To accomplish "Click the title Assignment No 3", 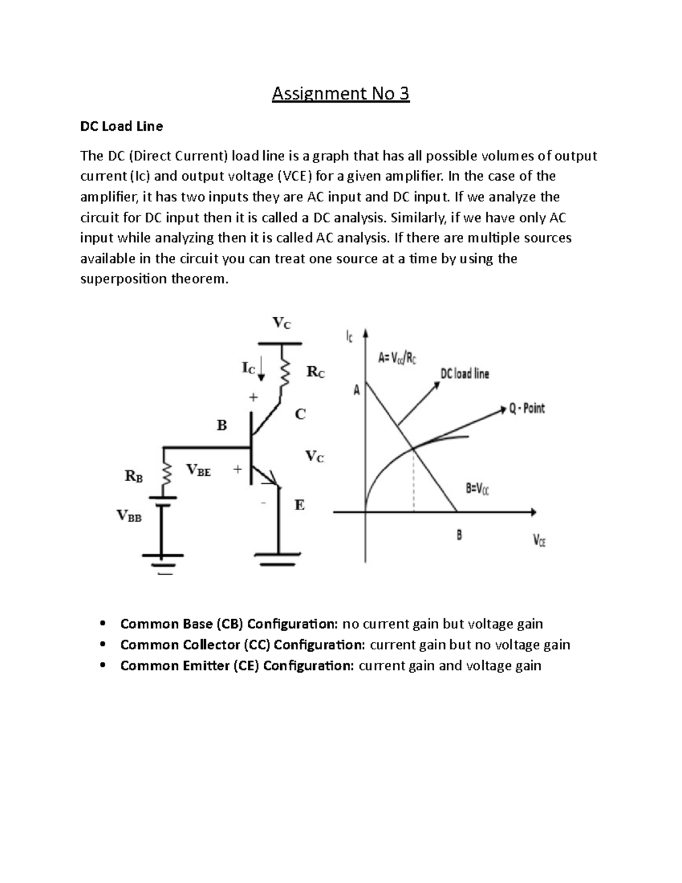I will point(340,93).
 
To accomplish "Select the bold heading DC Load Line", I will point(122,126).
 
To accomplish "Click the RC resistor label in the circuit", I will point(316,372).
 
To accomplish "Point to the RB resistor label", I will point(134,476).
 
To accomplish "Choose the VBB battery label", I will point(129,516).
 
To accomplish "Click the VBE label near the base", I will point(198,470).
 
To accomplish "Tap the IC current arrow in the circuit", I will point(261,370).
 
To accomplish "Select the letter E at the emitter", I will point(300,504).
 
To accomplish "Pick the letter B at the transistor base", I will point(222,425).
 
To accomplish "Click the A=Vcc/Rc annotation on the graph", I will point(397,358).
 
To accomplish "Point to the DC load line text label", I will point(464,374).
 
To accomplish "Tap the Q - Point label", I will point(526,408).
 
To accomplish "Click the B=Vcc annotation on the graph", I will point(478,488).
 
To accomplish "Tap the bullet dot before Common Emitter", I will point(103,666).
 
